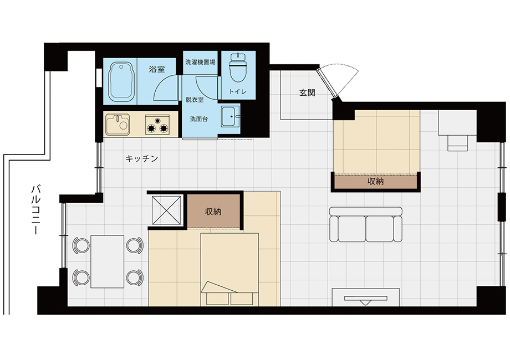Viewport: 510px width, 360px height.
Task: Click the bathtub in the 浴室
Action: [x=121, y=82]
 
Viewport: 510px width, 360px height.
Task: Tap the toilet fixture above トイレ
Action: [x=238, y=67]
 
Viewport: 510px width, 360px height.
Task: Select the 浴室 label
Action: [x=157, y=69]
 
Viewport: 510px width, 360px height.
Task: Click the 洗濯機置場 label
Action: [x=200, y=62]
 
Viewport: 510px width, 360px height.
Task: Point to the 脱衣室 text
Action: [x=195, y=100]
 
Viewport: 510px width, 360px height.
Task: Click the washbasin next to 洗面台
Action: [x=230, y=116]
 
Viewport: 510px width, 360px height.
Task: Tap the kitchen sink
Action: [x=118, y=124]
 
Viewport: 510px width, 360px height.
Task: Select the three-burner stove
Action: [x=158, y=124]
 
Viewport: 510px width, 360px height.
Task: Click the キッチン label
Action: [x=142, y=158]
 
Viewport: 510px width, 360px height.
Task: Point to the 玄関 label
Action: [x=307, y=93]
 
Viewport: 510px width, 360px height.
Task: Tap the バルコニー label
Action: [x=36, y=209]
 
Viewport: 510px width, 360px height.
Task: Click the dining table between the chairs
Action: [x=108, y=261]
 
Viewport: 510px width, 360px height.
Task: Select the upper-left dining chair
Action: [x=81, y=245]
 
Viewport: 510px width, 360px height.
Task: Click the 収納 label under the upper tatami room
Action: [x=375, y=181]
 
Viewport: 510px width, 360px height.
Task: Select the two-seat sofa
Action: [x=365, y=224]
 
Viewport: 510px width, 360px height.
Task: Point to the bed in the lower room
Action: [x=229, y=269]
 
